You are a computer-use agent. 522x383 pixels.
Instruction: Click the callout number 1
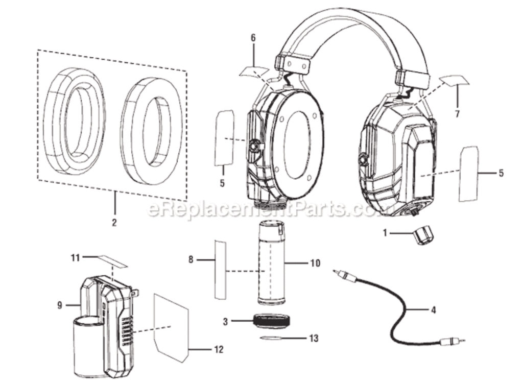(386, 233)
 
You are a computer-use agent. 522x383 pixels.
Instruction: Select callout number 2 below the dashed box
(114, 222)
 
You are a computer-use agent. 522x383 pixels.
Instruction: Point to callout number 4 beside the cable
(433, 309)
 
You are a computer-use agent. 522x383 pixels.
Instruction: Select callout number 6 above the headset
(253, 38)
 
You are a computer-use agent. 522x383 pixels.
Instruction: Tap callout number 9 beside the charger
(60, 305)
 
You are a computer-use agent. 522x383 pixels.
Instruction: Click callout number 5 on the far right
(501, 173)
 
